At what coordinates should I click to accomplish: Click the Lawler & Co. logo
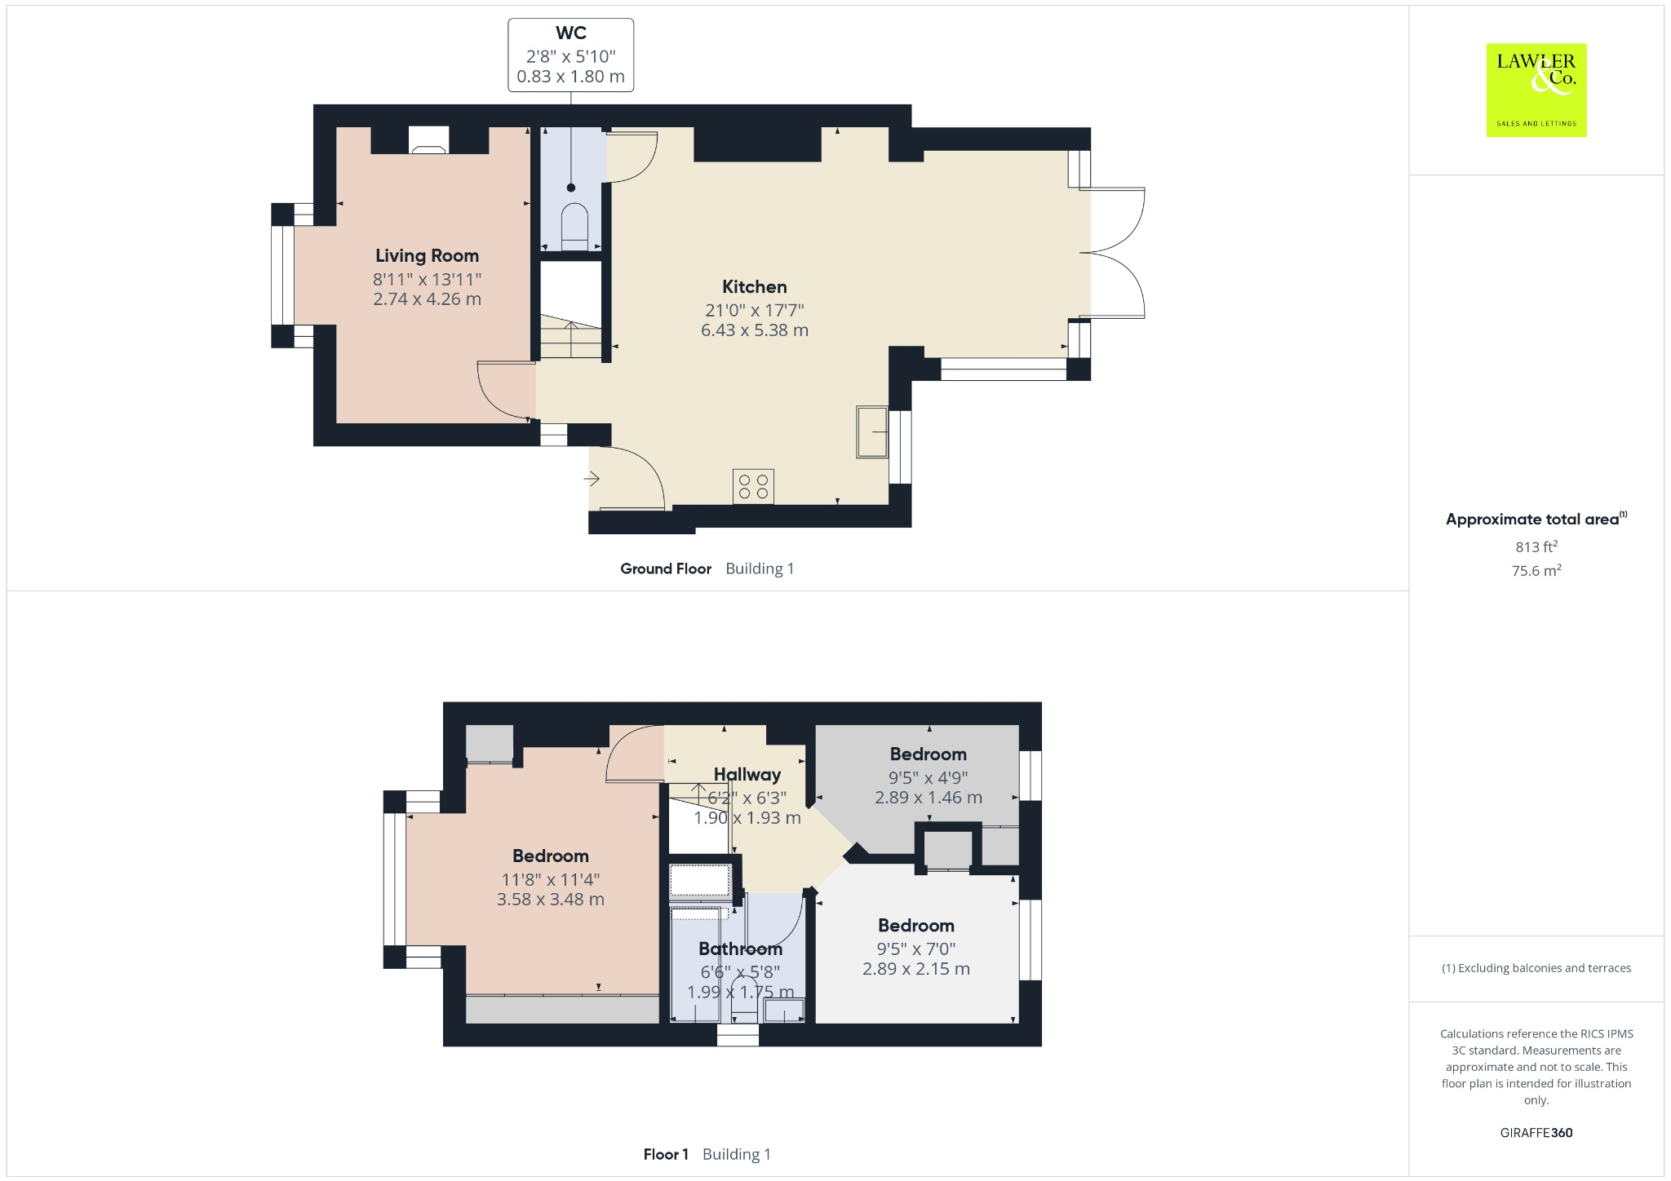[x=1536, y=90]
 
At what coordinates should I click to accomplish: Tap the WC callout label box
[x=570, y=55]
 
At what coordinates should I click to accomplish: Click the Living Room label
[x=427, y=256]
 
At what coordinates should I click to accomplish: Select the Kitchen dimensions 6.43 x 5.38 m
[x=754, y=330]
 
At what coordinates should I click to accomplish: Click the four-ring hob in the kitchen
[x=753, y=487]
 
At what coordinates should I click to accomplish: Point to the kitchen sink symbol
[x=871, y=431]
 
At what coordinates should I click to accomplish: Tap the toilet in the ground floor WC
[x=574, y=226]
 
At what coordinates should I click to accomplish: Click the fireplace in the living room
[x=428, y=140]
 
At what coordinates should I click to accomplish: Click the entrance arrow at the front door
[x=592, y=479]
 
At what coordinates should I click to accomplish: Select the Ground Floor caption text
[x=665, y=568]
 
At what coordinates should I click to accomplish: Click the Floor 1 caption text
[x=665, y=1154]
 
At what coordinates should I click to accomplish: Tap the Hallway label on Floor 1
[x=747, y=775]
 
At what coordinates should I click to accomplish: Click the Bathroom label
[x=740, y=949]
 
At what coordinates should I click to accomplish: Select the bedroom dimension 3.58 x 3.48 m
[x=550, y=900]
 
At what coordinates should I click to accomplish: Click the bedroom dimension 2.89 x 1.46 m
[x=928, y=798]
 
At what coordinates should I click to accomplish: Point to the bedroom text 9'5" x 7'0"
[x=915, y=949]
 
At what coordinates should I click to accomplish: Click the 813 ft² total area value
[x=1536, y=546]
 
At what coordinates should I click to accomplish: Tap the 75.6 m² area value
[x=1536, y=570]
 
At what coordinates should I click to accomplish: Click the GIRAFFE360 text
[x=1536, y=1132]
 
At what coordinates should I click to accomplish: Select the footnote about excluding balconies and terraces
[x=1536, y=968]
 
